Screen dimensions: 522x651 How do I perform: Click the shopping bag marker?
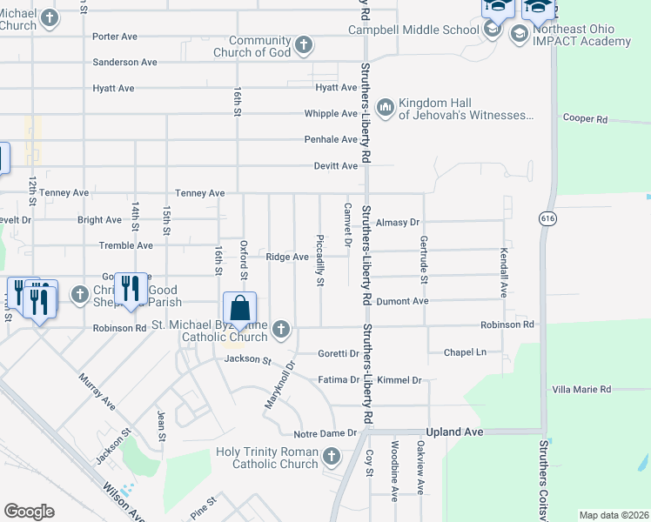point(239,309)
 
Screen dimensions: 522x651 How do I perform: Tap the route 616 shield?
point(547,217)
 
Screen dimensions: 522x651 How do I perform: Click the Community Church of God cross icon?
point(303,44)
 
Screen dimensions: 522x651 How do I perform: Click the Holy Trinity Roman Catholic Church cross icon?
point(331,456)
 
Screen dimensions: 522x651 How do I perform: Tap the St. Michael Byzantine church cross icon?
point(280,329)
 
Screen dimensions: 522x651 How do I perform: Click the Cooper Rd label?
point(583,118)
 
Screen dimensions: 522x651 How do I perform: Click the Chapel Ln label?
point(463,352)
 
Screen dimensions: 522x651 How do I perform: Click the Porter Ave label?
point(116,37)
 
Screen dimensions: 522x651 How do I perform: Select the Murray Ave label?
point(97,392)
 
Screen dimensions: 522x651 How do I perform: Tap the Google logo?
point(29,512)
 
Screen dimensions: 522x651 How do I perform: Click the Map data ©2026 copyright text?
point(613,515)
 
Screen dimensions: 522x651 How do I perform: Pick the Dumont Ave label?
point(408,301)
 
